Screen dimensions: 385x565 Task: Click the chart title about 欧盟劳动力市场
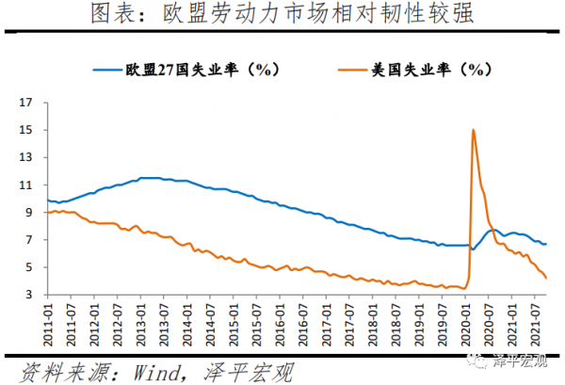coord(282,15)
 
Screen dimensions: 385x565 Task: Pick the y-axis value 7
coord(28,239)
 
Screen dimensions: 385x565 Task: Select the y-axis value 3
coord(28,295)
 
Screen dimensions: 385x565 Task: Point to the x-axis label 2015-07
coord(258,320)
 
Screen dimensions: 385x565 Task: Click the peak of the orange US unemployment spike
coord(473,130)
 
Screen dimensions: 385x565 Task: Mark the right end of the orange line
coord(547,278)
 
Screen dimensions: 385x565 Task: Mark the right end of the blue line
coord(547,244)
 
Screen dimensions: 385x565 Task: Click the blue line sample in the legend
coord(107,69)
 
